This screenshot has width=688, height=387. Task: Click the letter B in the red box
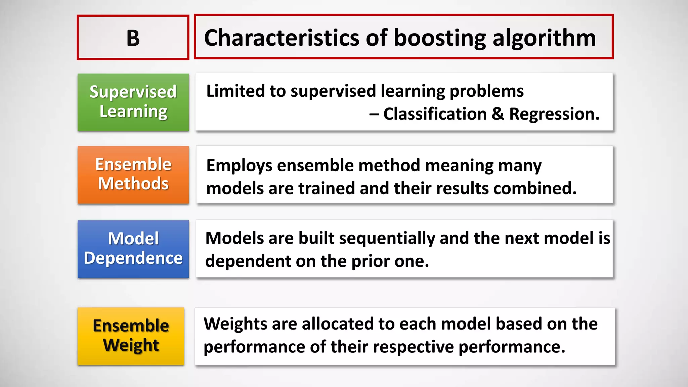[133, 38]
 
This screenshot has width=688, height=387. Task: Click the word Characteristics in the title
[282, 38]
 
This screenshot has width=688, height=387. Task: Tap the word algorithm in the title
[544, 38]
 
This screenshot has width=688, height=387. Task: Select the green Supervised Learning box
[133, 102]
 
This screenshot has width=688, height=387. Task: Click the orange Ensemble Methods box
[133, 175]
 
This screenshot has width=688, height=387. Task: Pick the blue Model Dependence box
[133, 249]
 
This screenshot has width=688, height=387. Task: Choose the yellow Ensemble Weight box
[131, 336]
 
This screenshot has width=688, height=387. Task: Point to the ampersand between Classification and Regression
[498, 114]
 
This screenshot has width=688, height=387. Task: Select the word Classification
[435, 114]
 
